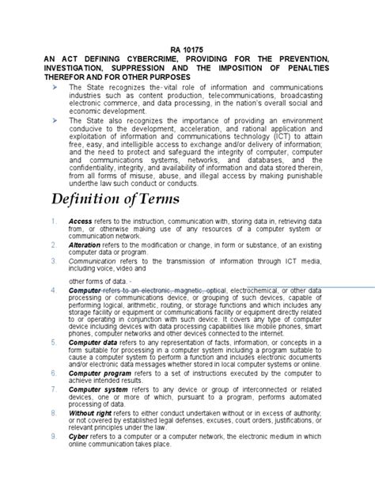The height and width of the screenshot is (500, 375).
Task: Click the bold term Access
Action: coord(80,221)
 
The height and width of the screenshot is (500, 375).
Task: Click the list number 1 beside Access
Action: coord(51,221)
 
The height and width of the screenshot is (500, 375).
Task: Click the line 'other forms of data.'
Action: coord(98,303)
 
